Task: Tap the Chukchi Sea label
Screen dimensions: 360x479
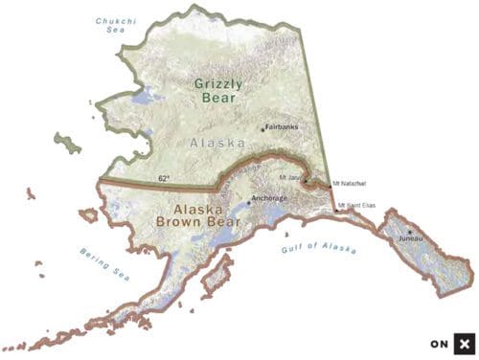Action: coord(114,25)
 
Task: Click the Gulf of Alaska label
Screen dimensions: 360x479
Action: coord(319,250)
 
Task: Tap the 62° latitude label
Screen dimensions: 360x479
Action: coord(165,178)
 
